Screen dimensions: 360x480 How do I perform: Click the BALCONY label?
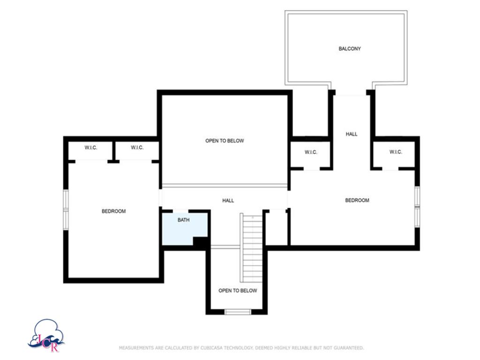click(350, 49)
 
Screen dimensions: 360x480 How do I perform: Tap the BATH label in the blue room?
click(183, 220)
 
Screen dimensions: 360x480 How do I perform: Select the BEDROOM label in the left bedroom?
click(113, 211)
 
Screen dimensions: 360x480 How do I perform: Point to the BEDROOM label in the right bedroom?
click(357, 201)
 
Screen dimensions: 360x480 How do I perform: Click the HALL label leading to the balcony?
click(352, 134)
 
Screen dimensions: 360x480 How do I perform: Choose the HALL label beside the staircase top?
click(228, 201)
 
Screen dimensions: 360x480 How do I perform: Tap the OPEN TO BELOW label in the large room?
click(225, 141)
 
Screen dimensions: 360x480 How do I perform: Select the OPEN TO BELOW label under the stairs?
click(238, 291)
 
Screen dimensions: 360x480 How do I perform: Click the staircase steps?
click(252, 248)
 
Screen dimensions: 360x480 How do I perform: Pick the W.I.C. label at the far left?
click(91, 148)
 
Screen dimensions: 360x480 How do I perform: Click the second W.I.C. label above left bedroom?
click(137, 148)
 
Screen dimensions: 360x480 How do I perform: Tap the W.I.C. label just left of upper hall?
click(311, 152)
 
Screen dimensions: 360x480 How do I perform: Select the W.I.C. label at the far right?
click(396, 152)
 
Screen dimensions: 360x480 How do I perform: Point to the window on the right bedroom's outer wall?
click(417, 206)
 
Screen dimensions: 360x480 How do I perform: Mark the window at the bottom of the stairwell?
click(238, 312)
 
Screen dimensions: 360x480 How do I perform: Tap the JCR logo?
click(46, 336)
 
